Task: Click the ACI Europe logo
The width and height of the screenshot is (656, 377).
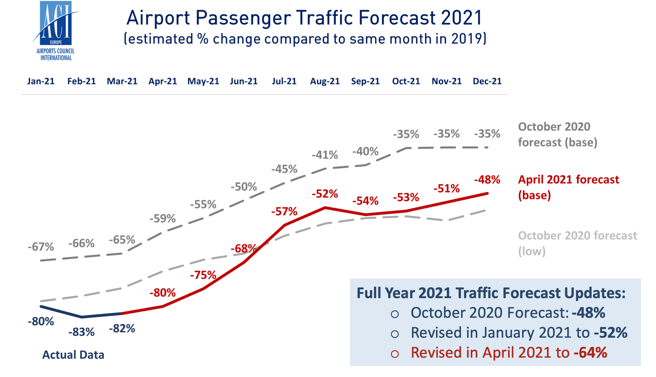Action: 56,31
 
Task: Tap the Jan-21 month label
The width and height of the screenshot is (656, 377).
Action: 41,81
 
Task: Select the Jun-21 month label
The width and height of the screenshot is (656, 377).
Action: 244,81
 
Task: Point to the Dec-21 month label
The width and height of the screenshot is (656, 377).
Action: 487,81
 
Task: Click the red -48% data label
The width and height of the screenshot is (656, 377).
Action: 487,180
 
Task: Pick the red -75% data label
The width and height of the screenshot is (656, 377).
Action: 203,275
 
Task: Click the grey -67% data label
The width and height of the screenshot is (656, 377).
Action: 41,247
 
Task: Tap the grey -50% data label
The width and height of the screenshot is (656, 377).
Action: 244,187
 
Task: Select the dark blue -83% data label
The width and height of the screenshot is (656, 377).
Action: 82,332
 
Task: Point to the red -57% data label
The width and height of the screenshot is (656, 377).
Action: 284,212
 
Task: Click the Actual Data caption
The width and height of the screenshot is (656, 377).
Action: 73,355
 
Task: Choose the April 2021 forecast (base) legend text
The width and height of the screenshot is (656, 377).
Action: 568,187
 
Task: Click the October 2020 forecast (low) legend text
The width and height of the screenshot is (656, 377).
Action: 577,243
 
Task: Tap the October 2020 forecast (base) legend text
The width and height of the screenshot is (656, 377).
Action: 557,134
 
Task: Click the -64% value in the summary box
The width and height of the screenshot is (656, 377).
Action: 590,353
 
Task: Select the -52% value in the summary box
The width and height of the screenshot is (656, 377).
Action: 610,333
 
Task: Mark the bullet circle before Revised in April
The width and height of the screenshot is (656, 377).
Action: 395,354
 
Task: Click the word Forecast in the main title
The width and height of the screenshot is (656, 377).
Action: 397,18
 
